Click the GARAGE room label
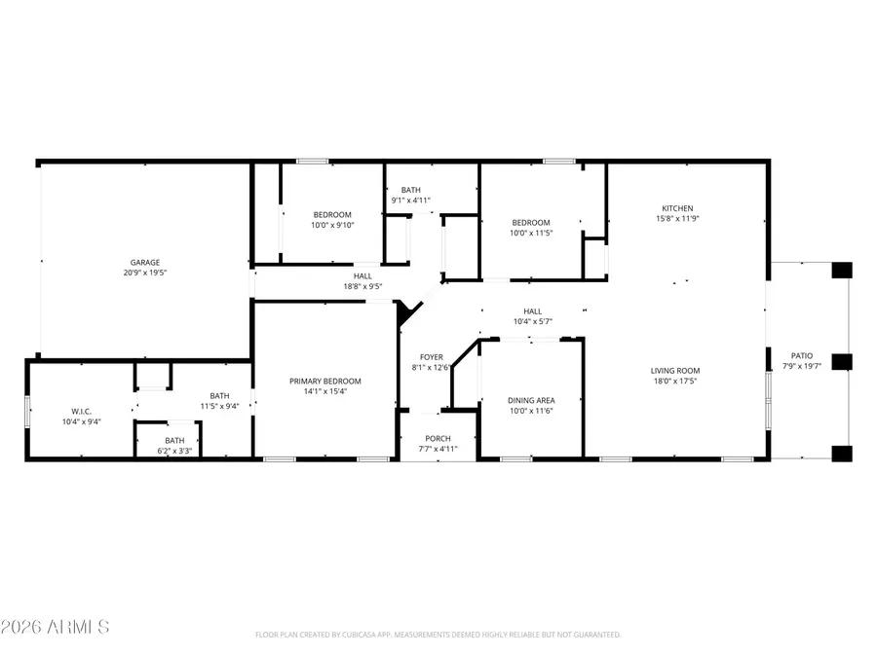pyautogui.click(x=145, y=262)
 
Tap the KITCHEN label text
pyautogui.click(x=677, y=208)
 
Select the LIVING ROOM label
pyautogui.click(x=675, y=370)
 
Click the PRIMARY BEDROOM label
pyautogui.click(x=325, y=381)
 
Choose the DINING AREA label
pyautogui.click(x=531, y=400)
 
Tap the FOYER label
pyautogui.click(x=432, y=357)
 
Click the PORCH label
pyautogui.click(x=438, y=439)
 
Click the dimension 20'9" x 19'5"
pyautogui.click(x=145, y=273)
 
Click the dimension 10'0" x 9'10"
pyautogui.click(x=332, y=225)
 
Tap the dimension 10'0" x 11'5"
pyautogui.click(x=531, y=233)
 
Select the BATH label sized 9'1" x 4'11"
pyautogui.click(x=410, y=190)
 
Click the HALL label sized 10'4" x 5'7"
pyautogui.click(x=533, y=311)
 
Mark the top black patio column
pyautogui.click(x=841, y=270)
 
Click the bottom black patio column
pyautogui.click(x=841, y=452)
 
